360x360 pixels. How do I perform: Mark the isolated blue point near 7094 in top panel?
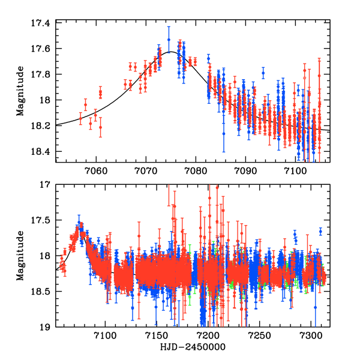tap(263, 73)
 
